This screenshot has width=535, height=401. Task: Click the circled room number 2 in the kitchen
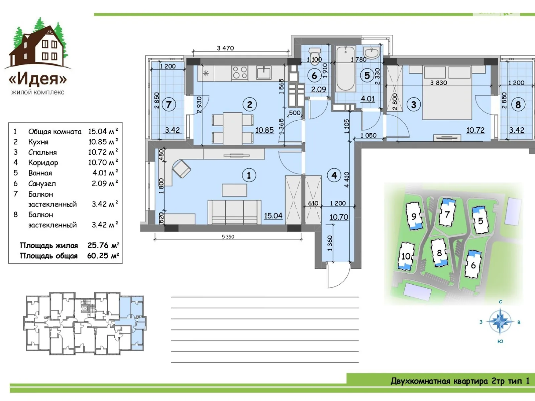tap(249, 105)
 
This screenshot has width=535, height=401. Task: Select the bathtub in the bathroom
tap(345, 69)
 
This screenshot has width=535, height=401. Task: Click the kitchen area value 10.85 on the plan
tap(264, 130)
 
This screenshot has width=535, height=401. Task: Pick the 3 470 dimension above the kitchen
tap(225, 48)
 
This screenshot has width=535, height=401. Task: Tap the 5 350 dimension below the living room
tap(228, 236)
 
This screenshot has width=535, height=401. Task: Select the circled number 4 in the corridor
tap(334, 175)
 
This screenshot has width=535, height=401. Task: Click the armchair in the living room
tap(181, 169)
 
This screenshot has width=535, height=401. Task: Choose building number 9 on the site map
tap(414, 216)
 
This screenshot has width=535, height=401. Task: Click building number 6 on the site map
tap(473, 265)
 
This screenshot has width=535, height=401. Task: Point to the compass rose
tap(500, 321)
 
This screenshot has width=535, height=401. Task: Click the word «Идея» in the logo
tap(38, 79)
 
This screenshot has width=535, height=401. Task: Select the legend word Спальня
tap(42, 152)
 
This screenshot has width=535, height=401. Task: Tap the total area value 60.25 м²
tap(103, 256)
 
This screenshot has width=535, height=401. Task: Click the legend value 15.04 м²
tap(103, 131)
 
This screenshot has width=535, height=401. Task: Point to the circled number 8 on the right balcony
tap(518, 105)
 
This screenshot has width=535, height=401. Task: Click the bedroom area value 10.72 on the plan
tap(475, 130)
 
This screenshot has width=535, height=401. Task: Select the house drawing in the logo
tap(38, 45)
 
